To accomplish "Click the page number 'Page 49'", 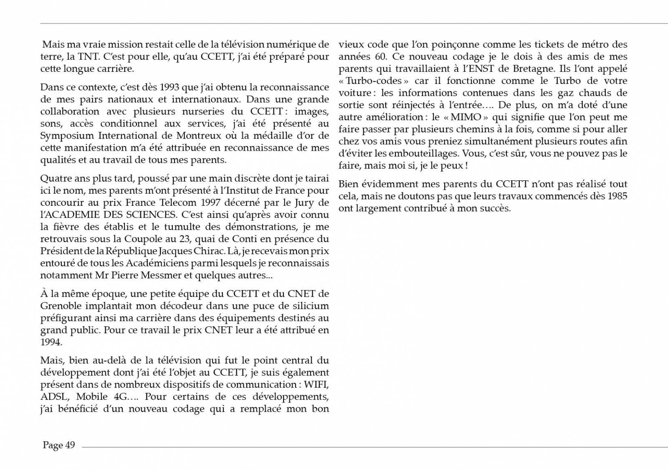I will click(59, 445).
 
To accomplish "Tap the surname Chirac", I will click(210, 251).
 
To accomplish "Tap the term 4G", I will click(121, 397).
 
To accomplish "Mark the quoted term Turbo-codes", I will click(374, 81).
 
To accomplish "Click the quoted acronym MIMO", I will click(466, 117).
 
